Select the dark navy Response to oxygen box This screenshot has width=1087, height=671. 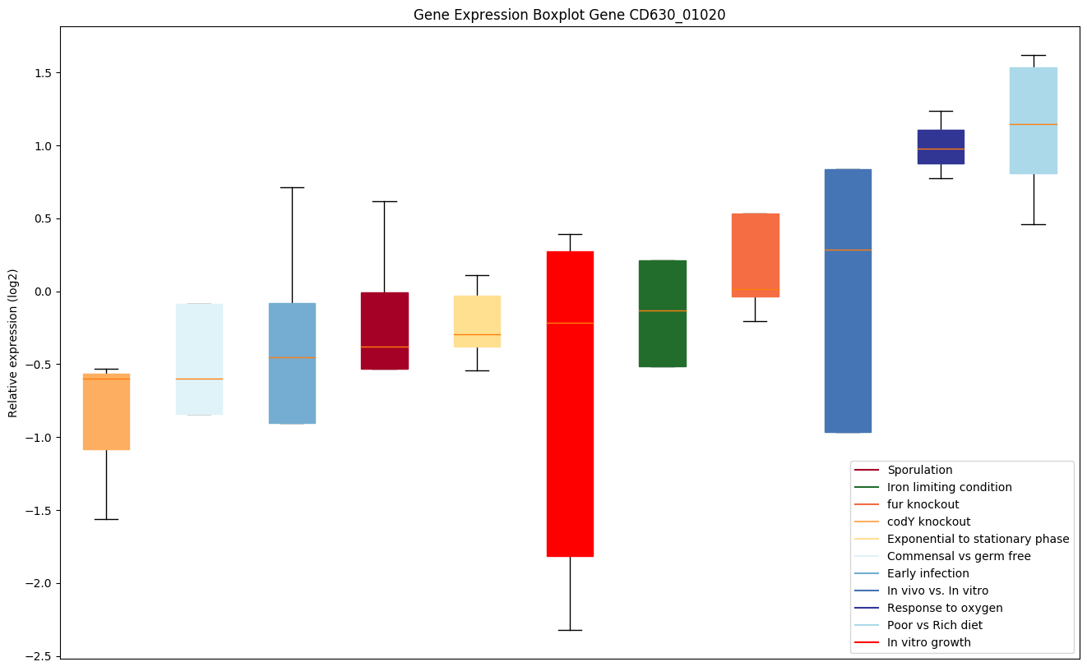941,146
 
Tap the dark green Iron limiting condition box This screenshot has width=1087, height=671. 662,313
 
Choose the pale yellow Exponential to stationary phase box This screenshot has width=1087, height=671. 477,320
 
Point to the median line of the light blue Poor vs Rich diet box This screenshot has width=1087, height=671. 1033,124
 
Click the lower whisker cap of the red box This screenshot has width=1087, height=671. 570,630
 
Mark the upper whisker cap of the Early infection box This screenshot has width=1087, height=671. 292,187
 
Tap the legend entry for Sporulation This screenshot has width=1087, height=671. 919,470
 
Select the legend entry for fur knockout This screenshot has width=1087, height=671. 923,504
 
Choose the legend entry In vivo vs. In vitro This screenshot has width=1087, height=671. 937,591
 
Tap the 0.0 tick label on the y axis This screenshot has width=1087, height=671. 43,292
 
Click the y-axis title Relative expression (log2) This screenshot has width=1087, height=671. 13,342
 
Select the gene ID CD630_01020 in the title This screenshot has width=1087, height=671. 678,15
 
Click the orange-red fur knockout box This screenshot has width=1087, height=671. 755,255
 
